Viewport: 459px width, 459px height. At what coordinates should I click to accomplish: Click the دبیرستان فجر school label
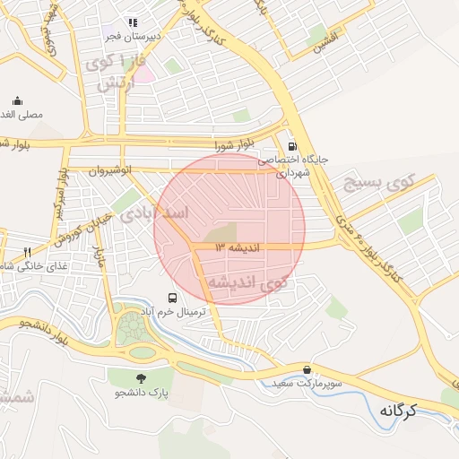[134, 37]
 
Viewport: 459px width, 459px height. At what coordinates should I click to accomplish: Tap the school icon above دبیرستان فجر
[134, 23]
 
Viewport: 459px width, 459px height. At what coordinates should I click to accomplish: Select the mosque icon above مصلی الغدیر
[17, 101]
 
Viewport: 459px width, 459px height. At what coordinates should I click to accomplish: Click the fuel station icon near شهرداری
[292, 146]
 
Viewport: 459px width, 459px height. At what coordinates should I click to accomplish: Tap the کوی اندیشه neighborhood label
[247, 282]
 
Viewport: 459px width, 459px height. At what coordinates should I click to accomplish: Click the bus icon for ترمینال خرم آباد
[171, 298]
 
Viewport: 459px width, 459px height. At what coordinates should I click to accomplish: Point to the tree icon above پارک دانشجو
[140, 378]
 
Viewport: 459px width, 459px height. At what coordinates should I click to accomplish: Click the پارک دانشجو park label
[141, 393]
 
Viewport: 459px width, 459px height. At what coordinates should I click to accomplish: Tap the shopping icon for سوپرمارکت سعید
[307, 369]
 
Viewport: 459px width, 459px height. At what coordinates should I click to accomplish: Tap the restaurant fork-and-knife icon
[27, 252]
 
